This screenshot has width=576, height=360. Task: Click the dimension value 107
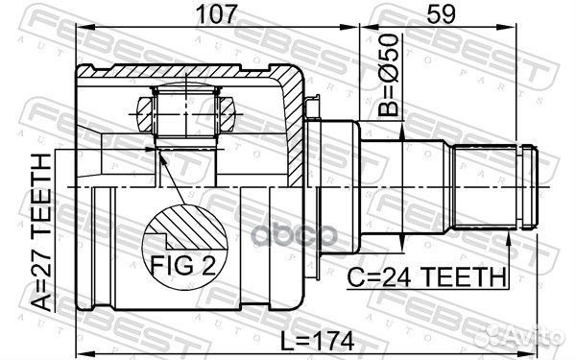216,14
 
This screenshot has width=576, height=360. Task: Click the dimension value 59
441,14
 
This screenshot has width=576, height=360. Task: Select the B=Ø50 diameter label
389,75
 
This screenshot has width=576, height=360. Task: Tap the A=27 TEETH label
40,232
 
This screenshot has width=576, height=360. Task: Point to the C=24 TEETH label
427,277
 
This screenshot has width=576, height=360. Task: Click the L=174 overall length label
317,341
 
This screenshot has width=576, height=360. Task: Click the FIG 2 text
183,265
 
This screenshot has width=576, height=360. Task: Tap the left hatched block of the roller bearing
145,114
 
